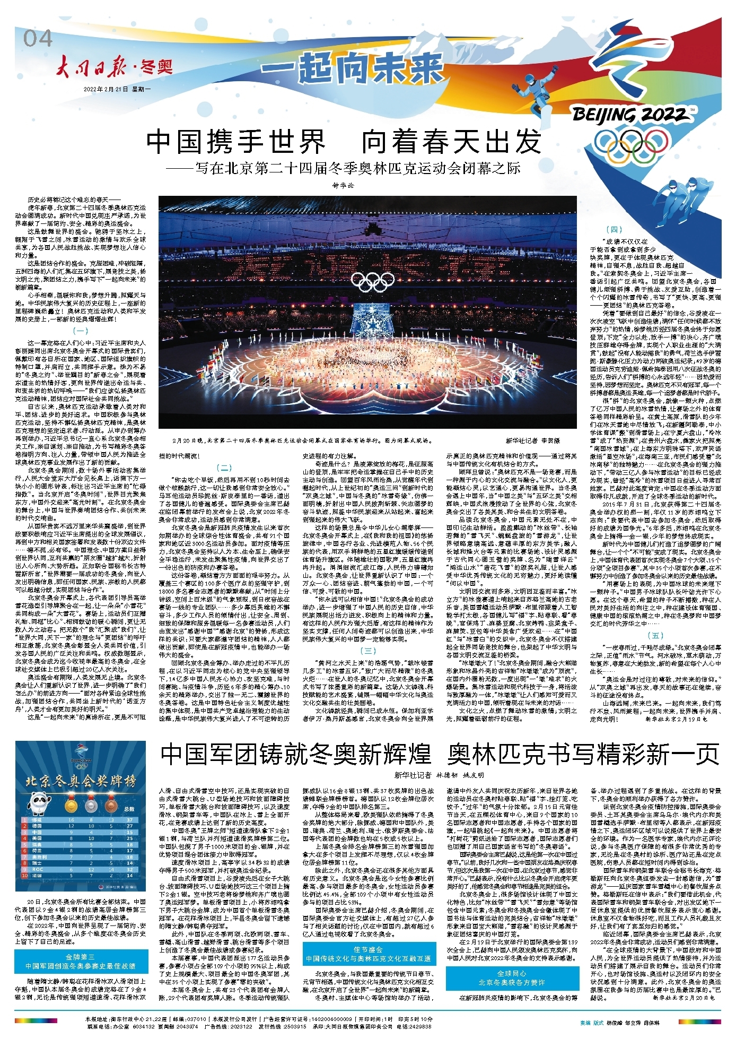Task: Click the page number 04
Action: (x=38, y=39)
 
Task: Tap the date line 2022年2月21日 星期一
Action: (x=117, y=89)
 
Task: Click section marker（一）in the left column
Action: (x=80, y=331)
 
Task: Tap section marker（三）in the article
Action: (x=367, y=651)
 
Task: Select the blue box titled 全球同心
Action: (x=512, y=978)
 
